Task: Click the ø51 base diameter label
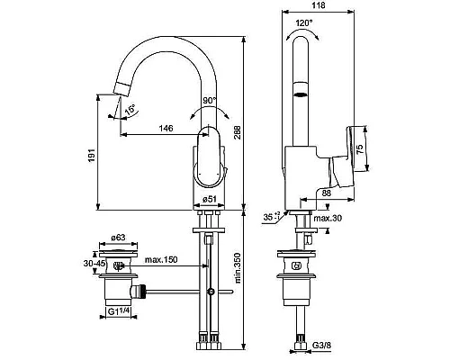[212, 198]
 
